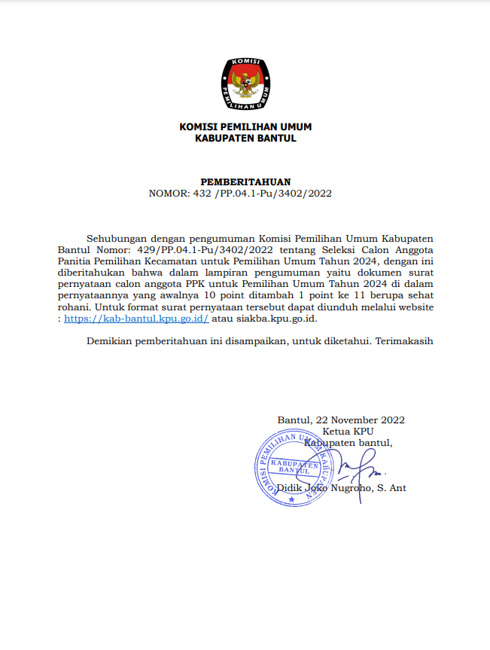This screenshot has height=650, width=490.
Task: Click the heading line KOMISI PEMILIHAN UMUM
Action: tap(245, 127)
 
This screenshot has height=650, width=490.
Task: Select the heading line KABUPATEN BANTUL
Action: tap(245, 138)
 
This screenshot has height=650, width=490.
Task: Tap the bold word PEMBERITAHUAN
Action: tap(245, 182)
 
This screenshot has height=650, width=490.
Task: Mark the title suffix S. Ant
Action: tap(392, 488)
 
